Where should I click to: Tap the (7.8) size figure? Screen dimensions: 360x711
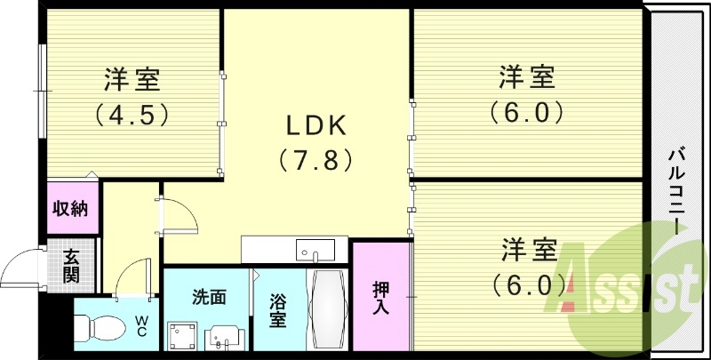pyautogui.click(x=316, y=161)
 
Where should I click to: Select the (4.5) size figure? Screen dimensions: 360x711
pyautogui.click(x=132, y=115)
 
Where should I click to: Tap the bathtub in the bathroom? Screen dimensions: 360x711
pyautogui.click(x=328, y=310)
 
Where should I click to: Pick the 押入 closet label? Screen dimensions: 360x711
pyautogui.click(x=380, y=297)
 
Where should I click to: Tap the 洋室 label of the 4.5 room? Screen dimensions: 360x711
pyautogui.click(x=132, y=80)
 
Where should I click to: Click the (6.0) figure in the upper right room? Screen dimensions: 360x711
pyautogui.click(x=526, y=113)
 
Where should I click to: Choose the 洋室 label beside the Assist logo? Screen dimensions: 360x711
pyautogui.click(x=526, y=250)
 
